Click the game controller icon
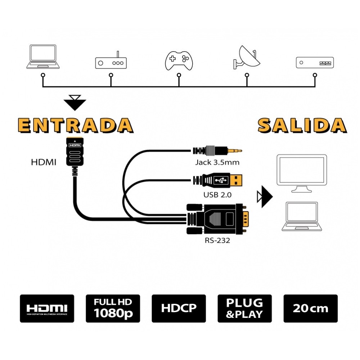pos(179,60)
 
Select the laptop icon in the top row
pos(43,57)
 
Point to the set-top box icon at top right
pos(315,62)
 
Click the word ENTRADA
pos(76,125)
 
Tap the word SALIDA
pos(302,125)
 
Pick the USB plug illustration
pos(218,180)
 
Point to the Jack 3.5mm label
pos(217,162)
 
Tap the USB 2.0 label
pos(217,195)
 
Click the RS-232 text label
pos(217,240)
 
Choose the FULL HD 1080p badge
pos(113,309)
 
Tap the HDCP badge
pos(179,309)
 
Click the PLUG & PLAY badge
pos(245,309)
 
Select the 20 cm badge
pos(311,309)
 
